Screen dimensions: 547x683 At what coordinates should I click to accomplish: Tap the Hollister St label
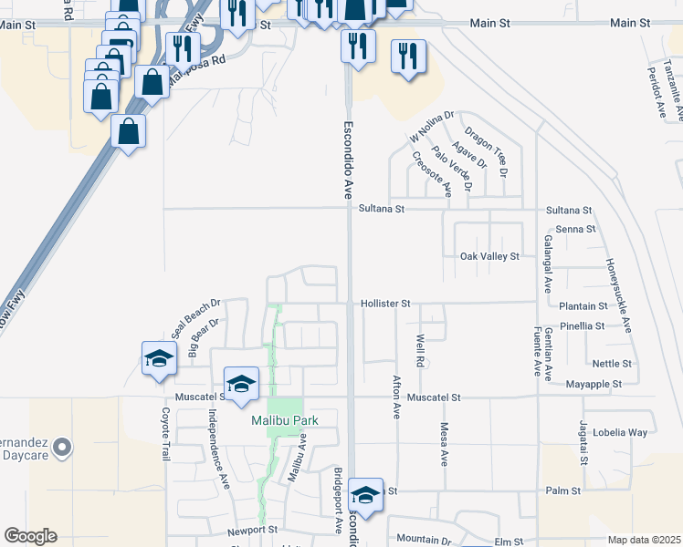386,303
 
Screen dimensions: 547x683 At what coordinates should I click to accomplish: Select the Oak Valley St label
489,257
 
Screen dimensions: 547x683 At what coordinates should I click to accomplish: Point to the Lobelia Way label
620,432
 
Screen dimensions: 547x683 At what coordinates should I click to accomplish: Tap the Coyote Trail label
166,433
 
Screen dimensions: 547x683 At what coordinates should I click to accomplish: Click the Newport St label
252,529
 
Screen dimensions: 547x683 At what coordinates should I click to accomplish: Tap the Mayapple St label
594,384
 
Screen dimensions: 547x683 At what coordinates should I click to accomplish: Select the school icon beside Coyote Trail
159,358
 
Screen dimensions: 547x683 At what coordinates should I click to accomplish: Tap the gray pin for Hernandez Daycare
62,447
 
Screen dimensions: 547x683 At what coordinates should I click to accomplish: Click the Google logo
30,536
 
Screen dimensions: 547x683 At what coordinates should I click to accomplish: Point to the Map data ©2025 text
645,540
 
